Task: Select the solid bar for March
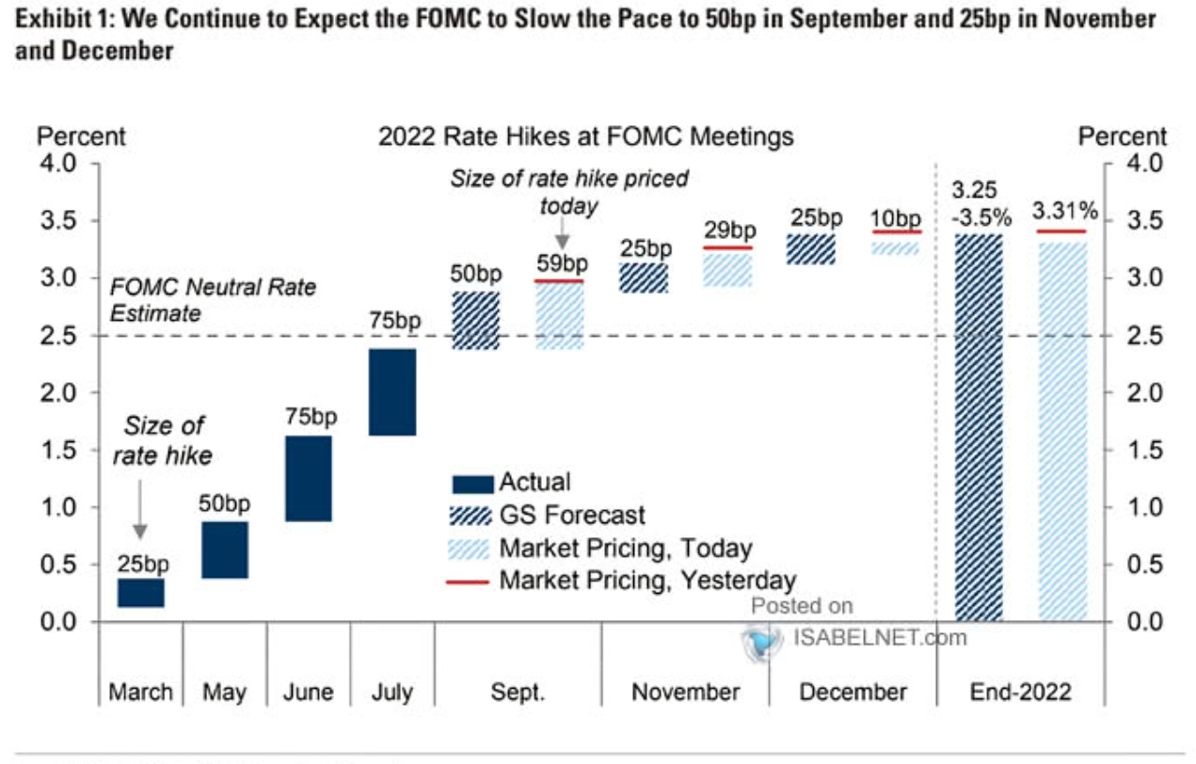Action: point(140,593)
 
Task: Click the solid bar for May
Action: point(224,549)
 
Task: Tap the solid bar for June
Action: point(308,478)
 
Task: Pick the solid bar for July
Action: point(392,392)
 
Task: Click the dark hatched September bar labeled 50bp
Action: point(476,321)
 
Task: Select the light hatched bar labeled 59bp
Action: point(559,316)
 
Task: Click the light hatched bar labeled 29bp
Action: point(727,268)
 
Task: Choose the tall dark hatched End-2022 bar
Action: point(979,428)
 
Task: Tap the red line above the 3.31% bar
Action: point(1061,231)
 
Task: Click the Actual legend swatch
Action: point(472,485)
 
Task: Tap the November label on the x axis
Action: point(685,692)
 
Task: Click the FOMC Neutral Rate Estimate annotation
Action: point(214,300)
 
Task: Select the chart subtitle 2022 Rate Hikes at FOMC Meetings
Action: point(585,136)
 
